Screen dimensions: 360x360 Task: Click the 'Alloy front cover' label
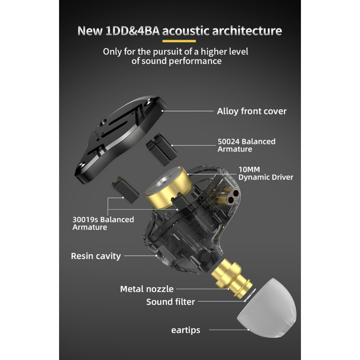point(251,111)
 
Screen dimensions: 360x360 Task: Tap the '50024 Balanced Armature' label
point(246,145)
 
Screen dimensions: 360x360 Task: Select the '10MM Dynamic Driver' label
point(265,173)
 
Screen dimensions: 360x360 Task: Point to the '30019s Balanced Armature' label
point(103,223)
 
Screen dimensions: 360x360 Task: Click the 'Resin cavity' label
point(96,256)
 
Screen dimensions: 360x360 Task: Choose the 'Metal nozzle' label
point(147,289)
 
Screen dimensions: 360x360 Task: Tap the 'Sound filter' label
point(170,302)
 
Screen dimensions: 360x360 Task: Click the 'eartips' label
point(186,330)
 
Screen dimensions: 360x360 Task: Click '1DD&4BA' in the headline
point(132,31)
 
